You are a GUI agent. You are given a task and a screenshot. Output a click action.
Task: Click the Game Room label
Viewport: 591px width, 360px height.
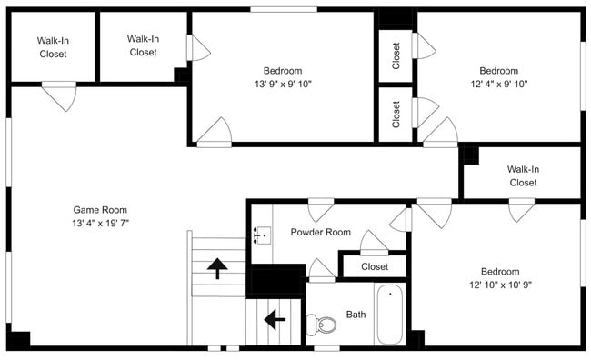coord(100,208)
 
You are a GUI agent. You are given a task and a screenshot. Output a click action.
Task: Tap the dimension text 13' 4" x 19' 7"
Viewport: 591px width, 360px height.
coord(100,223)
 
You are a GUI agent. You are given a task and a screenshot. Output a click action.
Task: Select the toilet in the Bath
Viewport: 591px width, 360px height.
coord(319,324)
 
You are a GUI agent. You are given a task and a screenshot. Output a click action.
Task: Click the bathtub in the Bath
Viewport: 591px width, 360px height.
coord(391,315)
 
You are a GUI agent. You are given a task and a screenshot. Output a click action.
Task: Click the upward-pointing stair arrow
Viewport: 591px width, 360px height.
coord(217,268)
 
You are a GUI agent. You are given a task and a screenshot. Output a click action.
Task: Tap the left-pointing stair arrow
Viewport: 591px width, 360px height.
coord(273,320)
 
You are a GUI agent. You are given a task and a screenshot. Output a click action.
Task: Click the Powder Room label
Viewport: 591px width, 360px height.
coord(320,232)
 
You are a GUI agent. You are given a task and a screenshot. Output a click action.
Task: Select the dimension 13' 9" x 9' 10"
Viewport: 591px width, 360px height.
coord(282,84)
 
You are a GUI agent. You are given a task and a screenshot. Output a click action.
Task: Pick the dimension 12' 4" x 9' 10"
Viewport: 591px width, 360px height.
coord(498,84)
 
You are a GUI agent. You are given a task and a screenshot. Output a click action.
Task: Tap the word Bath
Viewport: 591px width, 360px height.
coord(356,315)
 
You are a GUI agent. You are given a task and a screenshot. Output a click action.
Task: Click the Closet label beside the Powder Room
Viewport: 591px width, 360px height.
coord(374,266)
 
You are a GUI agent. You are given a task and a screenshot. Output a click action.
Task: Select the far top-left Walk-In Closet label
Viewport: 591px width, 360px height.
coord(53,47)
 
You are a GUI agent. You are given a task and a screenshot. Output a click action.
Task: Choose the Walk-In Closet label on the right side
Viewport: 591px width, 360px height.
coord(522,175)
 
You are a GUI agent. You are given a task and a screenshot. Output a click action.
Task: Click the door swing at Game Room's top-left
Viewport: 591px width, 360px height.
coord(59,95)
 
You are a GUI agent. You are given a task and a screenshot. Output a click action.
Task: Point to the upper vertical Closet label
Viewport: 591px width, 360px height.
coord(396,55)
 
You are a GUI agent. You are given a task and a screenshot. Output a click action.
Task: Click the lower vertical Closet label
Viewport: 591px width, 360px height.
coord(396,114)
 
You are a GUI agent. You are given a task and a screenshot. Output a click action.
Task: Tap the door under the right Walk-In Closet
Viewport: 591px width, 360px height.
coord(521,210)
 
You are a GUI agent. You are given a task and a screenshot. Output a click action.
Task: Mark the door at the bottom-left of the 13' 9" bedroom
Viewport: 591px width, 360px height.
coord(215,132)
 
